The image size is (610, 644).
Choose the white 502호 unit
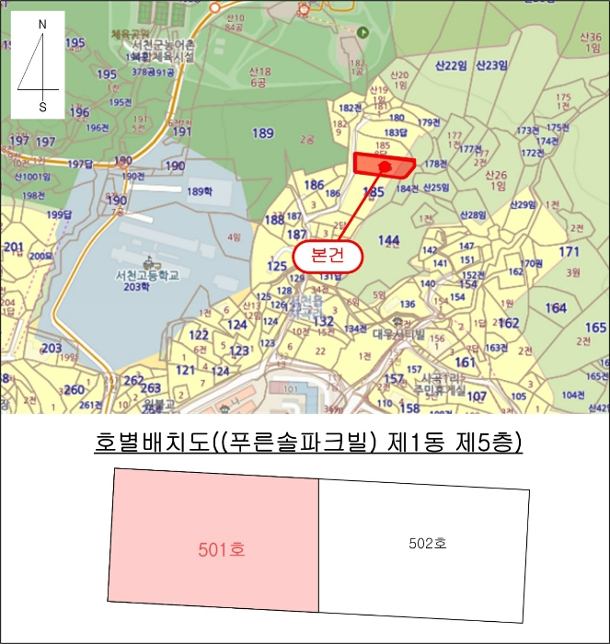(x=427, y=544)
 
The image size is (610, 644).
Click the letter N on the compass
(x=42, y=24)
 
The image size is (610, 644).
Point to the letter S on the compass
(x=42, y=106)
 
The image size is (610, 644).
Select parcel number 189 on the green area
(x=263, y=133)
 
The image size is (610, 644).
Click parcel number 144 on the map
(x=389, y=240)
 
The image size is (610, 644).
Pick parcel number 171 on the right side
(x=570, y=252)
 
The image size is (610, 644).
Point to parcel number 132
(x=323, y=321)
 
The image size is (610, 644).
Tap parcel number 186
(x=315, y=186)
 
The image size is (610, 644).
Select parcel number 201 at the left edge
(x=13, y=247)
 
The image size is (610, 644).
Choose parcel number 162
(x=509, y=323)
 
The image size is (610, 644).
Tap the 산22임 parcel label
(x=451, y=64)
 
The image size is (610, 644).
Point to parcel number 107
(x=477, y=397)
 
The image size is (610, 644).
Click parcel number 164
(x=556, y=309)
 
